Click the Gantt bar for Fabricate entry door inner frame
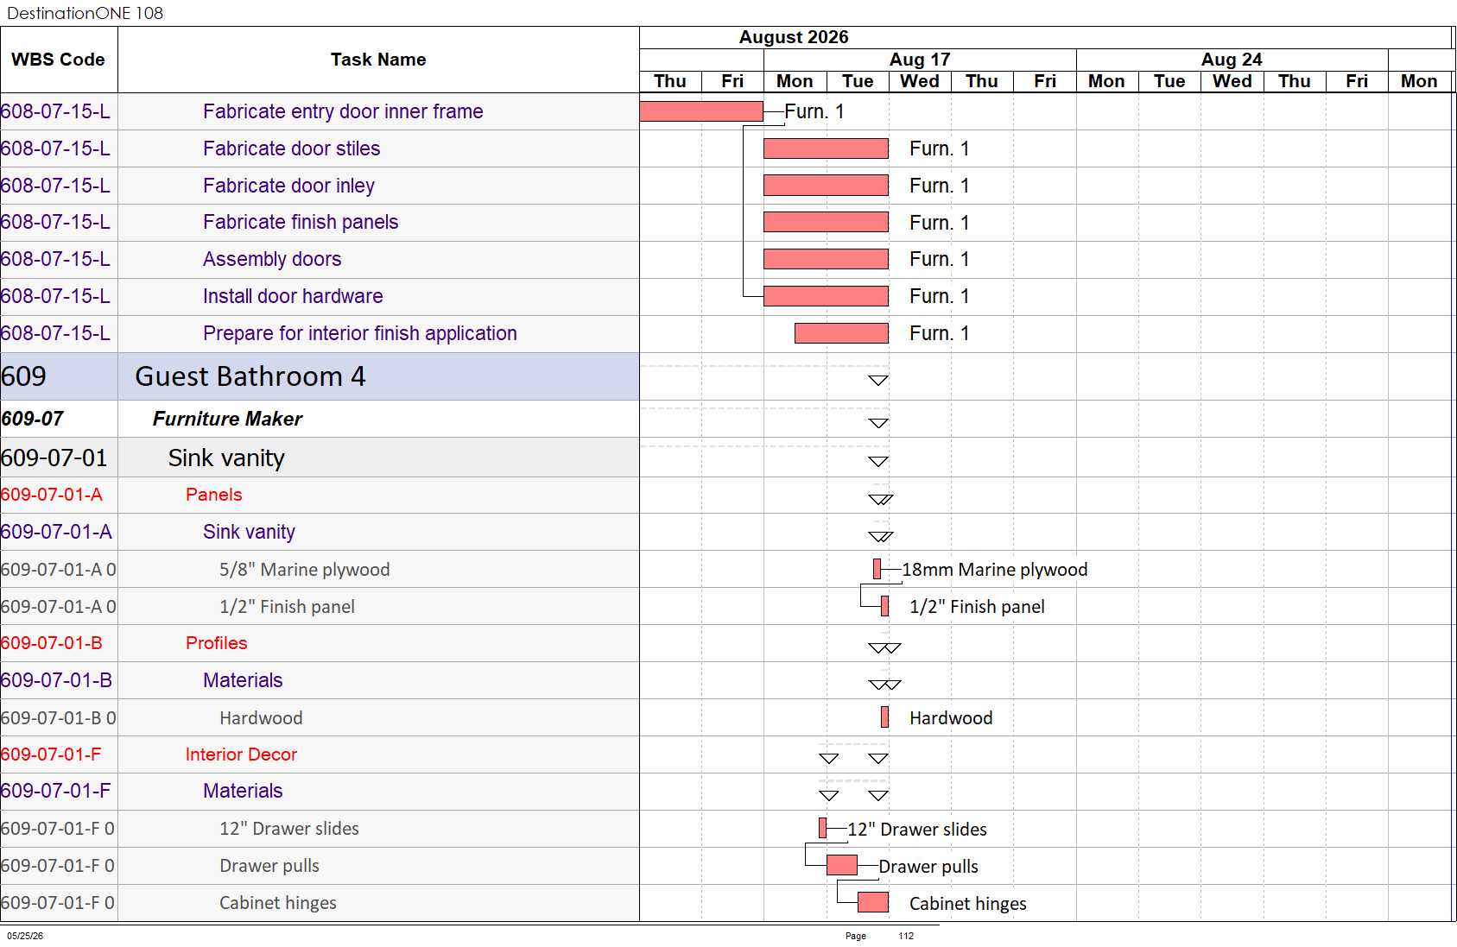pyautogui.click(x=701, y=111)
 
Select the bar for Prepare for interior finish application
pyautogui.click(x=841, y=333)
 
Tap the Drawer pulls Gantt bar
pyautogui.click(x=842, y=865)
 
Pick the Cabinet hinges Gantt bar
pyautogui.click(x=873, y=902)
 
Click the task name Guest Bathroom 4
pyautogui.click(x=250, y=376)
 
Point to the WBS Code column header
pyautogui.click(x=58, y=60)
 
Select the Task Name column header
pyautogui.click(x=378, y=60)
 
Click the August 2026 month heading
pyautogui.click(x=794, y=37)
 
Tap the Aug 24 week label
pyautogui.click(x=1232, y=60)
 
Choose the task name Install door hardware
pyautogui.click(x=293, y=296)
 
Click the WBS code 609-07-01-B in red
pyautogui.click(x=51, y=643)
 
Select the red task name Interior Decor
pyautogui.click(x=241, y=754)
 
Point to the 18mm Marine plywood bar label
pyautogui.click(x=995, y=570)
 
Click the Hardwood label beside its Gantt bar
pyautogui.click(x=951, y=718)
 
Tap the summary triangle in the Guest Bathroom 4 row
pyautogui.click(x=878, y=380)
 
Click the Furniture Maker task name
pyautogui.click(x=228, y=420)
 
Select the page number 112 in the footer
pyautogui.click(x=906, y=936)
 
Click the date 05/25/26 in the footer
pyautogui.click(x=25, y=936)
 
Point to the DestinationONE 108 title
pyautogui.click(x=85, y=13)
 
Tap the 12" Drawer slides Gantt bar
pyautogui.click(x=823, y=828)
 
